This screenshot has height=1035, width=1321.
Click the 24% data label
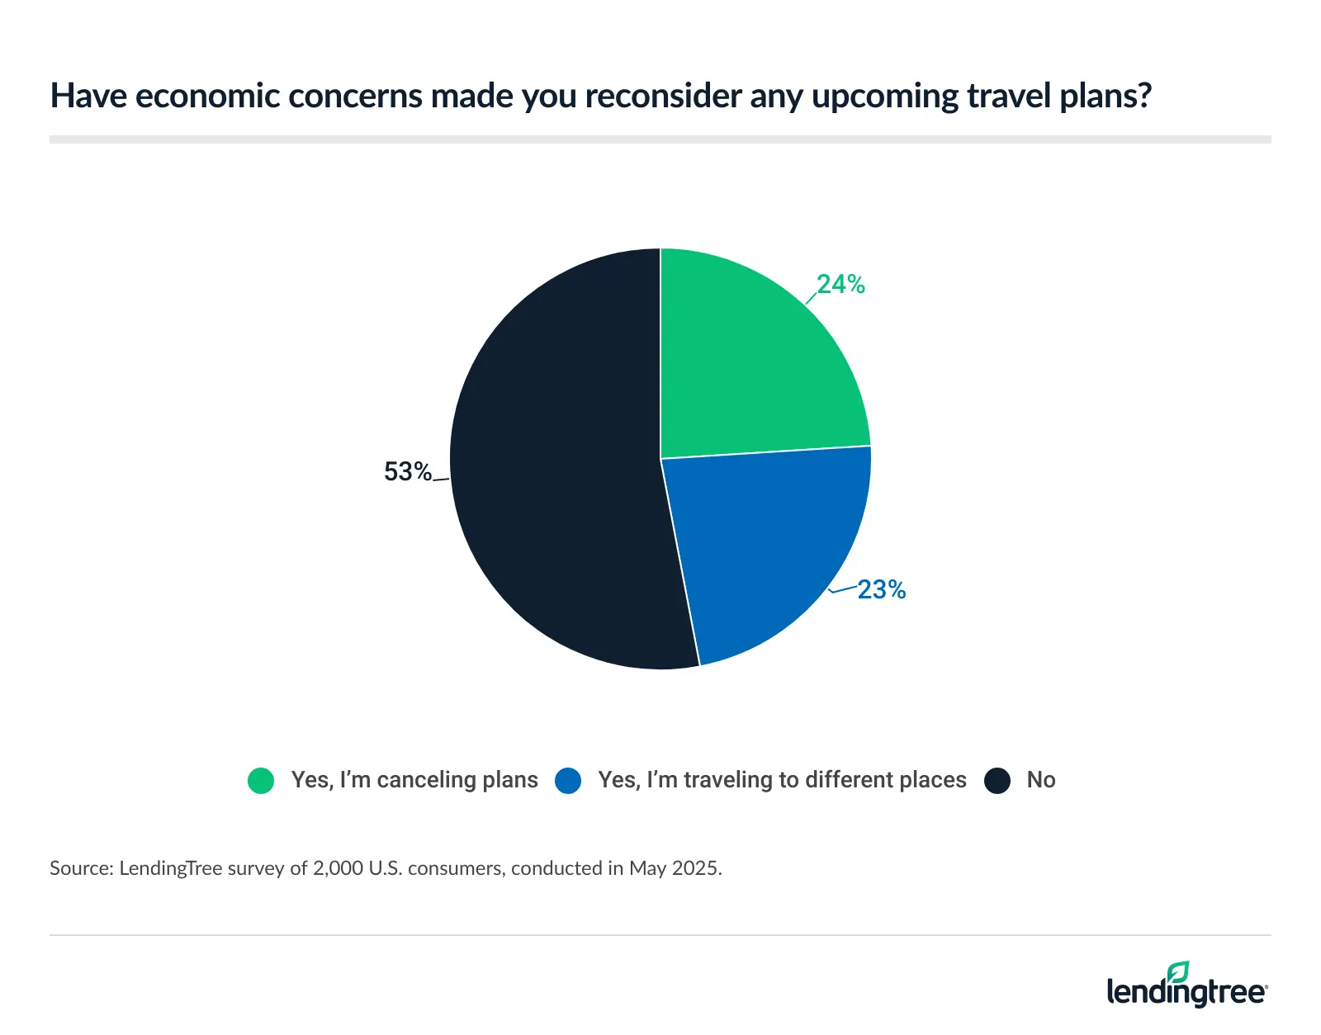[x=840, y=285]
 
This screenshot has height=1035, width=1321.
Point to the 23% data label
[x=881, y=590]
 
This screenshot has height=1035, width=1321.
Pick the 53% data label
[x=408, y=472]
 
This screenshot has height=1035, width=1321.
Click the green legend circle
[x=261, y=781]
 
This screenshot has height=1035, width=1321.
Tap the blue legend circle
[x=568, y=781]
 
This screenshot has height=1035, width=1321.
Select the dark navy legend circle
[x=997, y=781]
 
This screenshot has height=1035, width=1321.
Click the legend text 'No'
[x=1041, y=780]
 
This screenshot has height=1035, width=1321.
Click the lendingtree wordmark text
[x=1186, y=991]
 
